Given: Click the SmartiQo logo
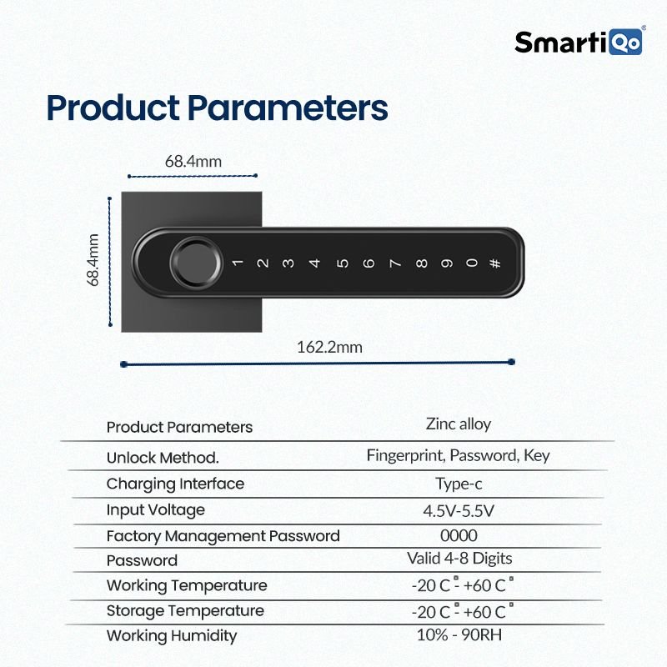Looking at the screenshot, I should [x=579, y=42].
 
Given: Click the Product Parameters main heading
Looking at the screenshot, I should [x=217, y=108].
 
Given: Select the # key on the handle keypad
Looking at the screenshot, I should [x=495, y=263].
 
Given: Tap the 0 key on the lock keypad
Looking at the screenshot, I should [x=472, y=263].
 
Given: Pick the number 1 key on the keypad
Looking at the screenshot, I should [x=237, y=263].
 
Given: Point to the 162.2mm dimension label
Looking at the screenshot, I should [x=329, y=347].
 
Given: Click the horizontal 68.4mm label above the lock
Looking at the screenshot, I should [x=193, y=162].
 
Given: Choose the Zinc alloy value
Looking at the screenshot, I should [x=458, y=424].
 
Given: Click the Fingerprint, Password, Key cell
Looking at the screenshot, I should [x=458, y=456].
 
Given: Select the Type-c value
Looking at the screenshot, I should [x=458, y=484].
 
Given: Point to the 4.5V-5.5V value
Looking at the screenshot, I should [x=458, y=510].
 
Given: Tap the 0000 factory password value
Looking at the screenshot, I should [x=458, y=535].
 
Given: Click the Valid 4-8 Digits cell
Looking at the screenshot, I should [x=459, y=559].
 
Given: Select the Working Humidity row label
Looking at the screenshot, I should [x=171, y=636].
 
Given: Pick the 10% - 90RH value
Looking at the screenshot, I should [x=458, y=634].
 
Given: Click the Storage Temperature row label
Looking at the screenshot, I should [x=184, y=611].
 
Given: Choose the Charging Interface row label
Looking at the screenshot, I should [x=175, y=484].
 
